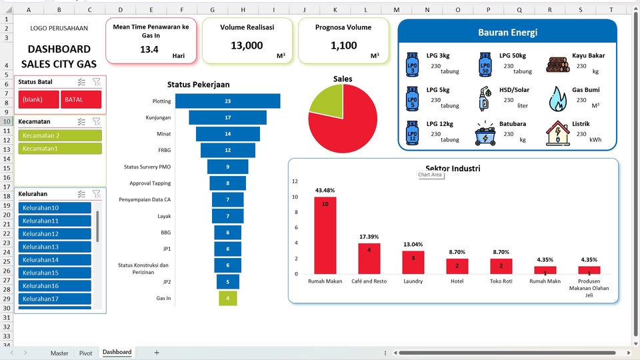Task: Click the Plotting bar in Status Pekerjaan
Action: pyautogui.click(x=228, y=101)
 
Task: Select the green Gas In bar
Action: pyautogui.click(x=228, y=298)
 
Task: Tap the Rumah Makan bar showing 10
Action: pyautogui.click(x=325, y=235)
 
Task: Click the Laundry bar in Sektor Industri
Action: pyautogui.click(x=413, y=263)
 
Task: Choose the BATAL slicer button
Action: pyautogui.click(x=81, y=99)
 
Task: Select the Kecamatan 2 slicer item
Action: pyautogui.click(x=60, y=135)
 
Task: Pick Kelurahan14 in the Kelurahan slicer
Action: pyautogui.click(x=55, y=259)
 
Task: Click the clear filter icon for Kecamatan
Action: pyautogui.click(x=96, y=121)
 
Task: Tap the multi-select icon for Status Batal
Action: pyautogui.click(x=81, y=82)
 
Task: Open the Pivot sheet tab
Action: pyautogui.click(x=86, y=353)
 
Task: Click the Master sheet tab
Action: pyautogui.click(x=59, y=353)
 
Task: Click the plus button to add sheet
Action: pyautogui.click(x=157, y=353)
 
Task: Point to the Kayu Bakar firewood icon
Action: pyautogui.click(x=557, y=65)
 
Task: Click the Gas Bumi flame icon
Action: pyautogui.click(x=557, y=99)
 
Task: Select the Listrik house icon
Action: pyautogui.click(x=557, y=133)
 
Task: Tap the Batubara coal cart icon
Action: pyautogui.click(x=485, y=133)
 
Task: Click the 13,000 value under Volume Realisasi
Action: pyautogui.click(x=247, y=45)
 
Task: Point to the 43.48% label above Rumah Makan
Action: pyautogui.click(x=325, y=190)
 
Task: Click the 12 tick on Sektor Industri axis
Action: pyautogui.click(x=295, y=181)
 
